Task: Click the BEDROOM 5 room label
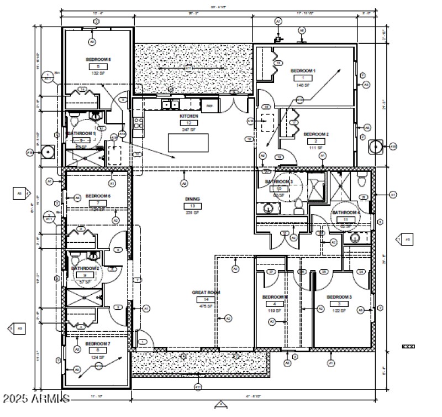tap(98, 59)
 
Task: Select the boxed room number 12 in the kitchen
tap(188, 123)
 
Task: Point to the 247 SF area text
tap(188, 129)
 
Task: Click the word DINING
tap(192, 199)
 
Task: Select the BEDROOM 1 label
tap(303, 71)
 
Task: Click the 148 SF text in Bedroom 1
tap(303, 85)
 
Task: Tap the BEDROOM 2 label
tap(316, 134)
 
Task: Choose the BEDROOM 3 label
tap(339, 297)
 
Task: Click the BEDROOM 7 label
tap(98, 343)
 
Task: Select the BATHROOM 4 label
tap(346, 212)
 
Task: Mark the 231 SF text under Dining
tap(192, 212)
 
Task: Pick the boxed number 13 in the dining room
tap(192, 206)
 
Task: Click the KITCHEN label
tap(188, 116)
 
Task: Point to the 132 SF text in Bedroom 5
tap(98, 73)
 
